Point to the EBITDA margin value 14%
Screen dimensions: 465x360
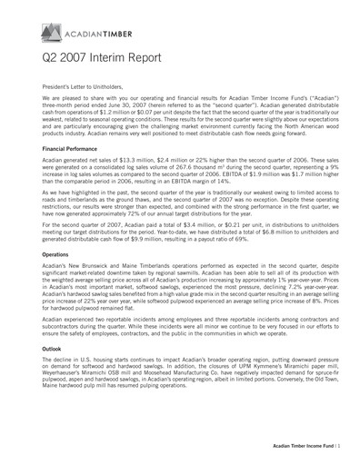tap(243, 181)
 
